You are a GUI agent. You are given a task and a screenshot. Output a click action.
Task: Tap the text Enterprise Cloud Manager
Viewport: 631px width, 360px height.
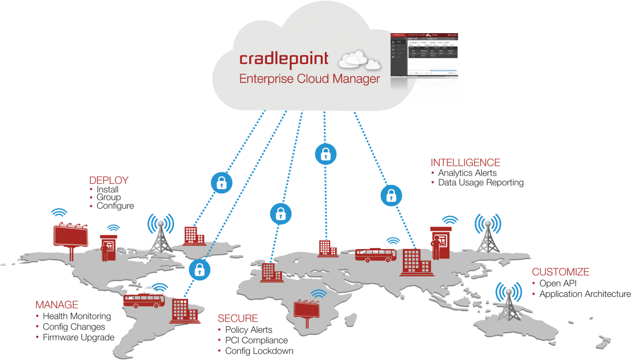[309, 79]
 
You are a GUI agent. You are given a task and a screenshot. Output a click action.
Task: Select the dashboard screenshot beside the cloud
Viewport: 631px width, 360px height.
[423, 67]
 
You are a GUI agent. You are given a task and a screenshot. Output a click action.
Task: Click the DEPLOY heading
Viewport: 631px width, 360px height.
[109, 180]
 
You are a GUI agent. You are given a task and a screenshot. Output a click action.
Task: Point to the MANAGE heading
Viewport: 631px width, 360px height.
[57, 305]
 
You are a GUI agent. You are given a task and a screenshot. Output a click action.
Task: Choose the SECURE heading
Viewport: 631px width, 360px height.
[238, 318]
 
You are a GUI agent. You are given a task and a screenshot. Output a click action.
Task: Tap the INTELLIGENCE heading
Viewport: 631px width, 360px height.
[465, 162]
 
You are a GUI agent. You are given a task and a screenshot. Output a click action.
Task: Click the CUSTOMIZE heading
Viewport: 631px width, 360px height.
[560, 272]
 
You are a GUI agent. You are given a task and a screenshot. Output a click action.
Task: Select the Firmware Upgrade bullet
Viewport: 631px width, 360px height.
[78, 337]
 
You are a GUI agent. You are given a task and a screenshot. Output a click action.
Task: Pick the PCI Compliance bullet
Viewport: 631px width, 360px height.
[256, 341]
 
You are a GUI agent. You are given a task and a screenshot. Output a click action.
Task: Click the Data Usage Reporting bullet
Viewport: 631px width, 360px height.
[481, 182]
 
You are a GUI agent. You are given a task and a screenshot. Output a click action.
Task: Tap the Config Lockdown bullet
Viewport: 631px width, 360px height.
[259, 351]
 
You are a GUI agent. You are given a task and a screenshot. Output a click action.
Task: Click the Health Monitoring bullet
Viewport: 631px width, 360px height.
[77, 316]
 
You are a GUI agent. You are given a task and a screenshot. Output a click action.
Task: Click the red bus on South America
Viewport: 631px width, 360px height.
[144, 300]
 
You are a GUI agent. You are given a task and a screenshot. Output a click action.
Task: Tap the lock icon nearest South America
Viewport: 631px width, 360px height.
[199, 270]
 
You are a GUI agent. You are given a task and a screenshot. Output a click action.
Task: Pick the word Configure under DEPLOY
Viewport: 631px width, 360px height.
[115, 206]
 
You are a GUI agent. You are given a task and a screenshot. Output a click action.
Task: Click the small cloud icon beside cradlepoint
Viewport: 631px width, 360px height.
[360, 59]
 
